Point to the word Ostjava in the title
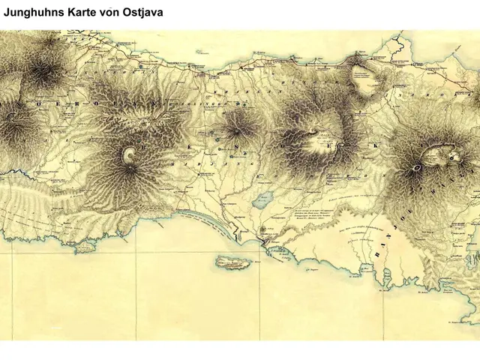[142, 13]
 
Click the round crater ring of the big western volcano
[129, 156]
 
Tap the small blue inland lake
[262, 201]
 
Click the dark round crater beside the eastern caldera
[414, 169]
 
